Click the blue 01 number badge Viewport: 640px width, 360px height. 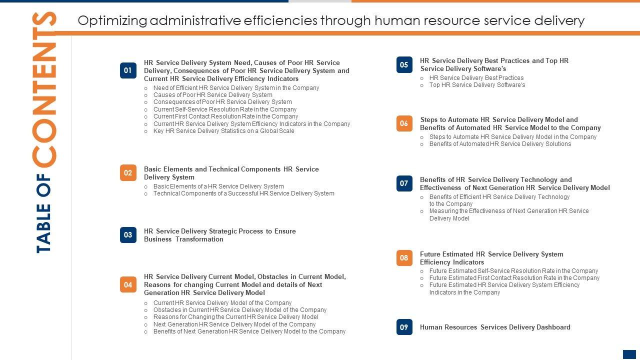click(x=128, y=70)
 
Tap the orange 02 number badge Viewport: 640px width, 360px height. click(x=128, y=173)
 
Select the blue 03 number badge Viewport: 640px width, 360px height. click(x=128, y=235)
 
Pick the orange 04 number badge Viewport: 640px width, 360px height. click(x=128, y=284)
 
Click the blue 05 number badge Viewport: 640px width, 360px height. click(x=404, y=64)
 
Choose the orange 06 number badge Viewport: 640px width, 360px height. click(x=404, y=123)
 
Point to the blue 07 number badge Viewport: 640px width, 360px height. click(x=404, y=183)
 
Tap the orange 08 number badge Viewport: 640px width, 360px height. click(x=404, y=258)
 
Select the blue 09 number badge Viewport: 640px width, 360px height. click(x=404, y=327)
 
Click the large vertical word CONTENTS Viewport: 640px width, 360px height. click(x=44, y=90)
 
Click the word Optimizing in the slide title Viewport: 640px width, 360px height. click(x=112, y=20)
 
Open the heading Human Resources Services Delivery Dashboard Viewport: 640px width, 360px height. click(x=495, y=327)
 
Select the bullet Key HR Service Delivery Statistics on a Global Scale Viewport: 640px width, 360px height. click(x=223, y=131)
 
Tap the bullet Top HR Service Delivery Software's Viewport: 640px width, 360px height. click(x=477, y=85)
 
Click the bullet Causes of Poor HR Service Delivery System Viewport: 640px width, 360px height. click(x=212, y=95)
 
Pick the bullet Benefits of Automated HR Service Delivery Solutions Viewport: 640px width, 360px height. click(x=500, y=144)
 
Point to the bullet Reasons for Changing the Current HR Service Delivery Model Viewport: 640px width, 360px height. click(x=235, y=317)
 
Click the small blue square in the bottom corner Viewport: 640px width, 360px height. click(x=629, y=354)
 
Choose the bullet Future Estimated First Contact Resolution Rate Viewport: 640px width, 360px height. click(x=514, y=278)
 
